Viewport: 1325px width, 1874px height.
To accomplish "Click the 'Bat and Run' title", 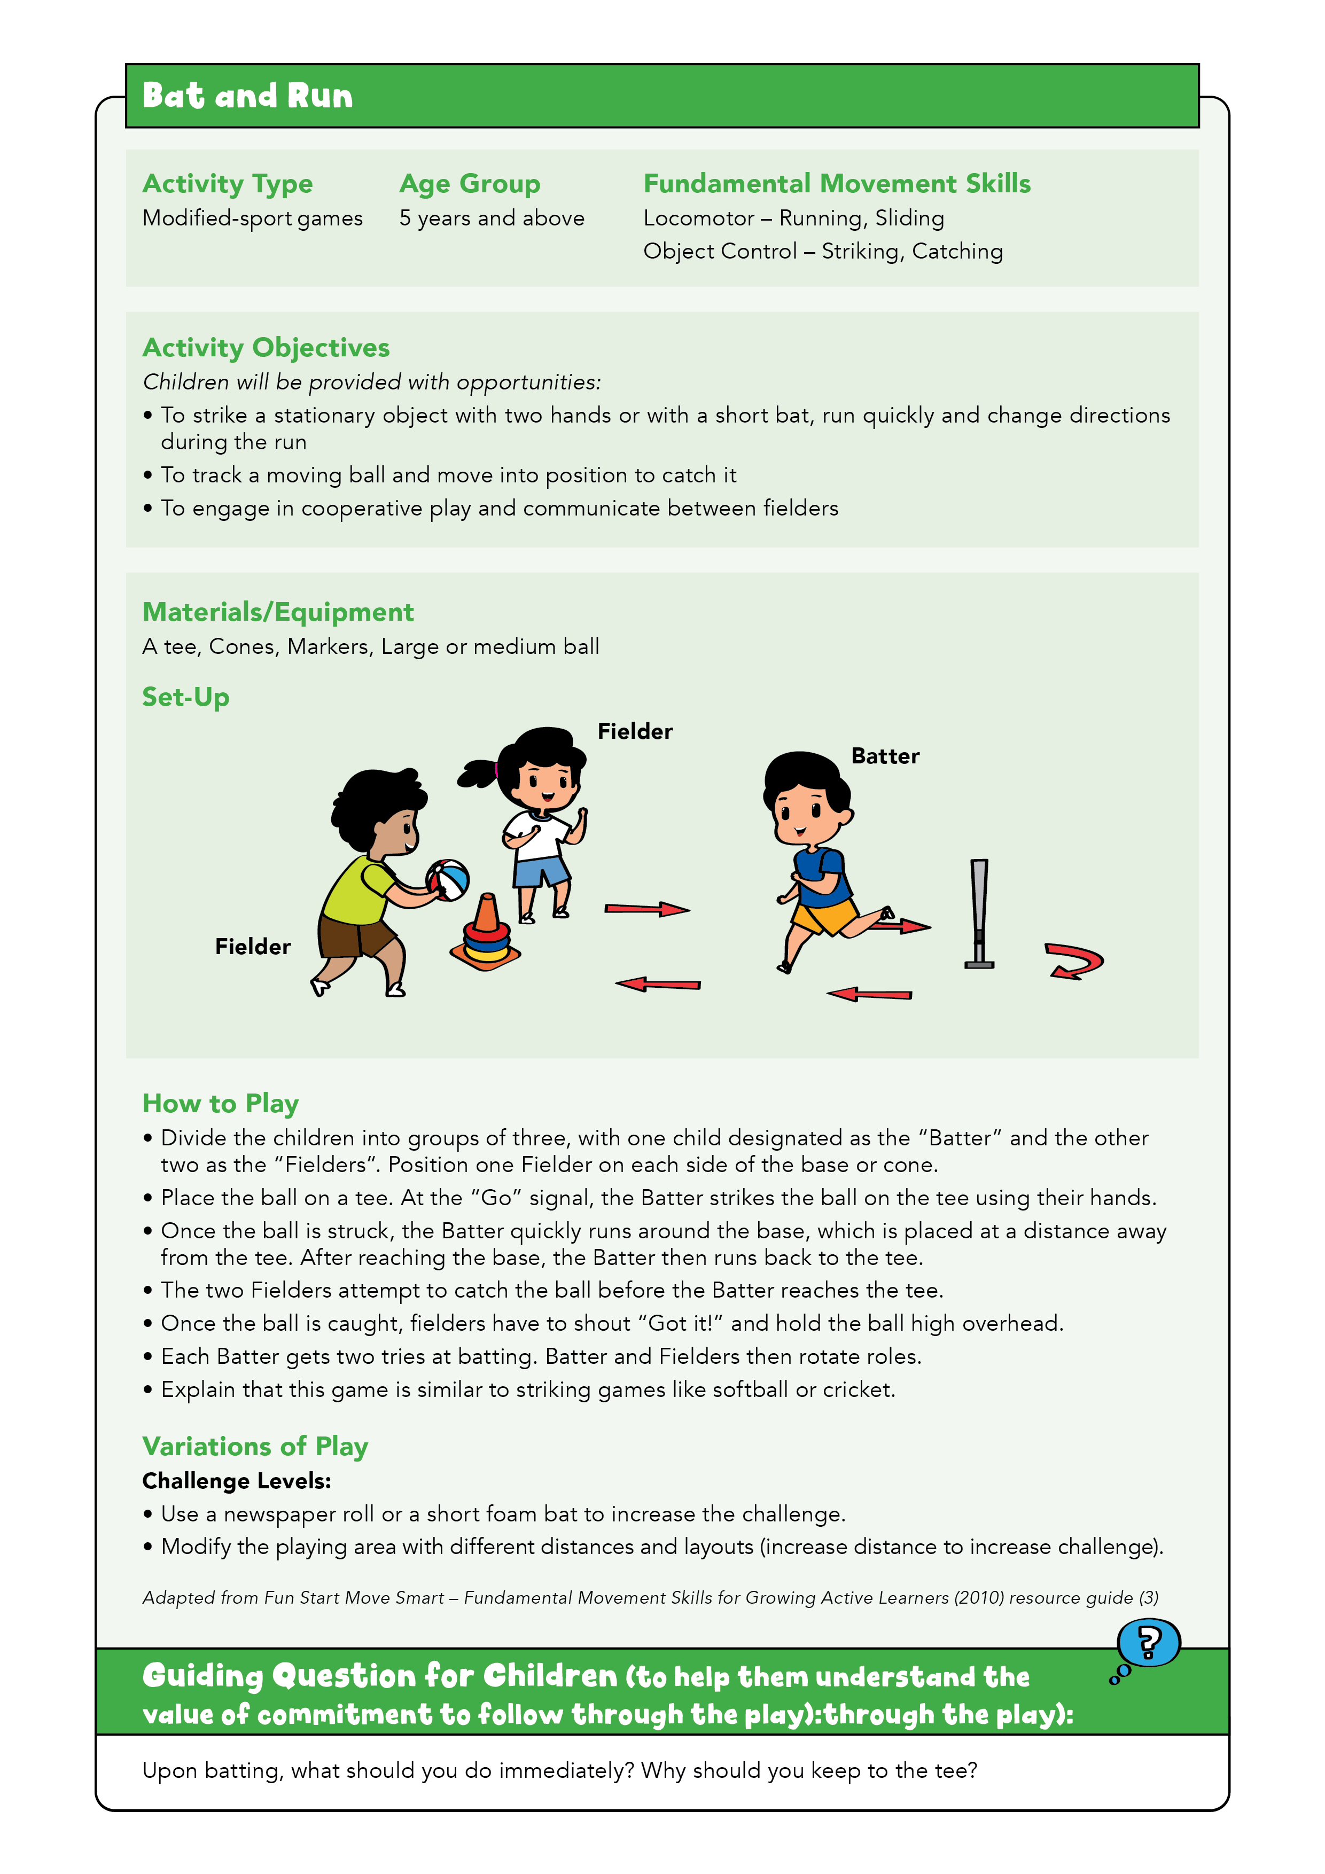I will [x=247, y=96].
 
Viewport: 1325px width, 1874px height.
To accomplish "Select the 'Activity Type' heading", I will [x=227, y=184].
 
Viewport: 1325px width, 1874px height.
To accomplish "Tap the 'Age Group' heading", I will [x=470, y=184].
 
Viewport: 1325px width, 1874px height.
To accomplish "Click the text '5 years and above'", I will [x=492, y=218].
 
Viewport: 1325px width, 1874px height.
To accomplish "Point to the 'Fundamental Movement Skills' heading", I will [x=837, y=184].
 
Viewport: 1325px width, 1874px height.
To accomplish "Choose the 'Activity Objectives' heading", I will [x=266, y=348].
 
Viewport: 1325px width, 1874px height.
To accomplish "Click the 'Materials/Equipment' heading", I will [x=278, y=612].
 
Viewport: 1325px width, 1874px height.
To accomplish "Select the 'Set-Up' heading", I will [x=185, y=697].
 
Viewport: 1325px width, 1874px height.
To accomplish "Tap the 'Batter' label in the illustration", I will [x=885, y=756].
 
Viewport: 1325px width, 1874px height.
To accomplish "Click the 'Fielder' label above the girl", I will [x=634, y=731].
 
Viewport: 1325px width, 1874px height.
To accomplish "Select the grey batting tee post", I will [x=979, y=912].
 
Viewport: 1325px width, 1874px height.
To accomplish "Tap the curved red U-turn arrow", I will [x=1074, y=961].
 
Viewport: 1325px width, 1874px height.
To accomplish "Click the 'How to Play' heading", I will [x=221, y=1104].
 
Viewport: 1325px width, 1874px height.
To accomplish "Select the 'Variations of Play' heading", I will [x=255, y=1446].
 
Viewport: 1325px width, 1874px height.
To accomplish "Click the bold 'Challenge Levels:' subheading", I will [x=237, y=1481].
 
